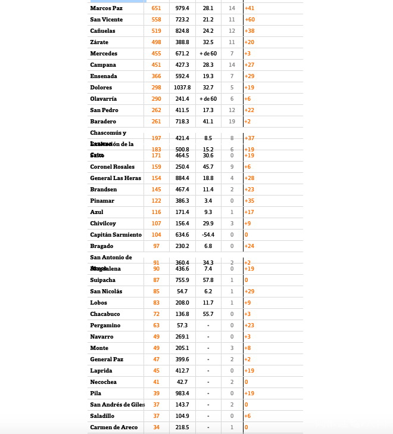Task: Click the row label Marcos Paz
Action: click(106, 8)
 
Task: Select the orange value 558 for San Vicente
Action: click(157, 20)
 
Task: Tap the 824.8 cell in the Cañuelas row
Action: click(182, 31)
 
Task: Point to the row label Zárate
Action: click(99, 42)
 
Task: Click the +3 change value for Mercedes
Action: click(248, 54)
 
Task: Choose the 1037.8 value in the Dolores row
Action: click(182, 88)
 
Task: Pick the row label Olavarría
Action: click(104, 99)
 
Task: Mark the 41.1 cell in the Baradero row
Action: click(208, 122)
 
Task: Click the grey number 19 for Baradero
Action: click(232, 122)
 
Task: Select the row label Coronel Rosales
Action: click(113, 167)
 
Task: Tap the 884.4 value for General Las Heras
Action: click(182, 178)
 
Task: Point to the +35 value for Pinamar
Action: click(249, 201)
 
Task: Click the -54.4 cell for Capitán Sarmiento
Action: click(208, 235)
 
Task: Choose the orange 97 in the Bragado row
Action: click(157, 246)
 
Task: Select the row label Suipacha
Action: click(103, 280)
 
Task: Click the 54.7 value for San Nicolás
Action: click(182, 292)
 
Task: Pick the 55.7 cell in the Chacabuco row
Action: click(208, 314)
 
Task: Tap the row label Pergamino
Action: click(105, 325)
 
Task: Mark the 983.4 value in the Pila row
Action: click(182, 393)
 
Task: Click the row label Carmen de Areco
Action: click(114, 427)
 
